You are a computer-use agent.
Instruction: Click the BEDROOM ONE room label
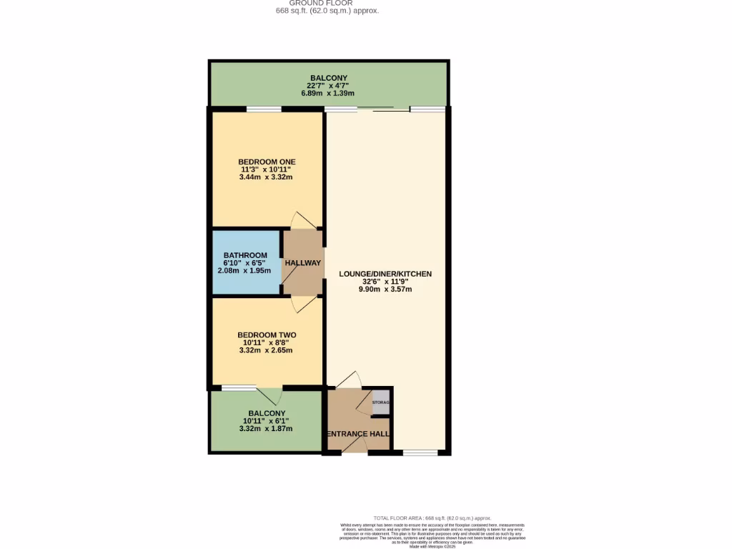tap(267, 162)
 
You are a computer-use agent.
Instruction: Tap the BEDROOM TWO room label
tap(267, 335)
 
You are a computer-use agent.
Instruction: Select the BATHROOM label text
tap(245, 255)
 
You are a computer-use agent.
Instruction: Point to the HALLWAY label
tap(303, 263)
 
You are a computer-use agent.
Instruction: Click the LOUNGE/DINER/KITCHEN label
tap(385, 274)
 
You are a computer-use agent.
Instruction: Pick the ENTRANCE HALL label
tap(357, 434)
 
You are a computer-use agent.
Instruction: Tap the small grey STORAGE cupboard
tap(381, 402)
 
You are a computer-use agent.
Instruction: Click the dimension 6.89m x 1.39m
tap(328, 94)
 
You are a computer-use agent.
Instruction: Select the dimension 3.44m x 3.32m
tap(267, 177)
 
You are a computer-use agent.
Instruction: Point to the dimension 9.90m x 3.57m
tap(385, 290)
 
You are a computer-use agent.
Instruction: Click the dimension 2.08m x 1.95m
tap(245, 271)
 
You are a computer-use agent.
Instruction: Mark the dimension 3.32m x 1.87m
tap(267, 428)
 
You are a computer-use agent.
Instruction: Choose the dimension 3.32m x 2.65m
tap(267, 350)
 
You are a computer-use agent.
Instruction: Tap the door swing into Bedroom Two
tap(302, 305)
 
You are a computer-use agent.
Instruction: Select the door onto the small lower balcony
tap(270, 395)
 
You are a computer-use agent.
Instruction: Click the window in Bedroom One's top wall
tap(264, 109)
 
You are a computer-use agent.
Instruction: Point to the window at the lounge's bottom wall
tap(420, 452)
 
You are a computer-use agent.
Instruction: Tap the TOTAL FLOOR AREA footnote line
tap(432, 518)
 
